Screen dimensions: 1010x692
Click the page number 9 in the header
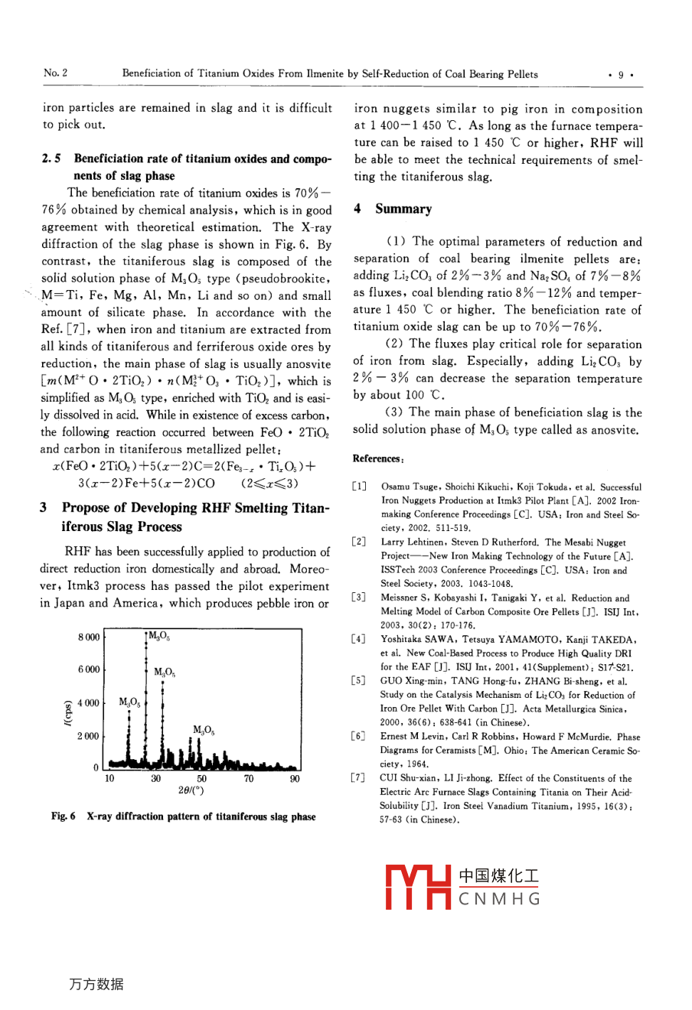tap(621, 75)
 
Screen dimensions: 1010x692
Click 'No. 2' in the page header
tap(55, 73)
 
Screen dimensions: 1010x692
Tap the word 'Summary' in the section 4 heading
tap(403, 209)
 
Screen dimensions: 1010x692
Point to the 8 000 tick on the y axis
tap(88, 637)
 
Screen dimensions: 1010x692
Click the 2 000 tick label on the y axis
tap(88, 737)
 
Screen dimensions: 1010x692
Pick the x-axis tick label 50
tap(202, 779)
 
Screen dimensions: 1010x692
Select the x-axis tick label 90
tap(295, 779)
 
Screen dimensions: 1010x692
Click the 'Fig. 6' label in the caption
tap(64, 817)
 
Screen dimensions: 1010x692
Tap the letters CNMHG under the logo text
tap(498, 898)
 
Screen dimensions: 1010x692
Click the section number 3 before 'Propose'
tap(44, 508)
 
